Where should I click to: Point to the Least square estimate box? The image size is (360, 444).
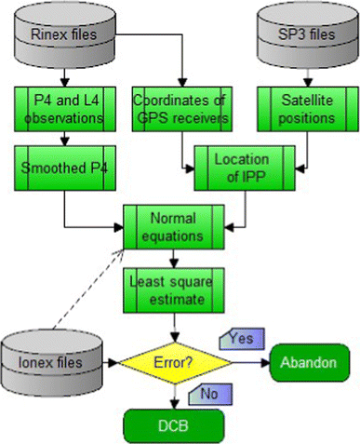coord(175,290)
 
